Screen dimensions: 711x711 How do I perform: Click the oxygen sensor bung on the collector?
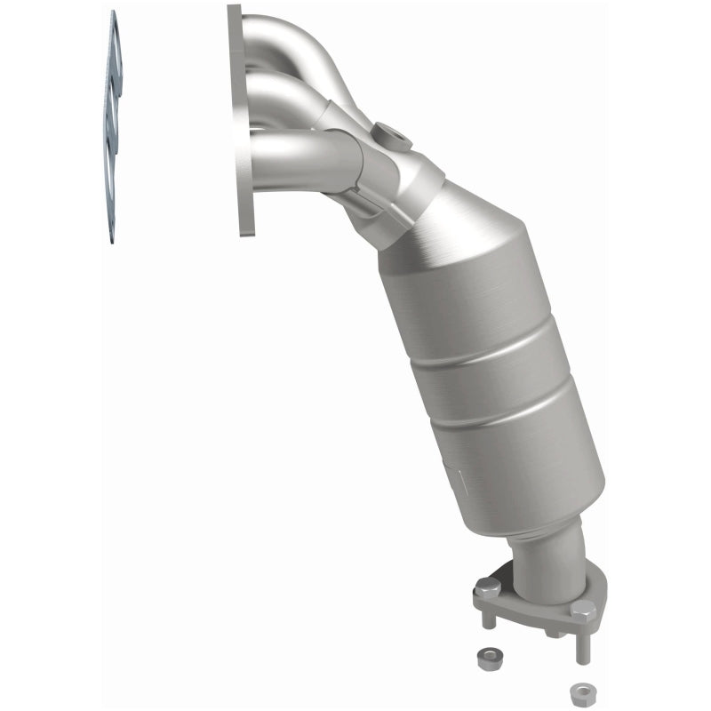pyautogui.click(x=392, y=137)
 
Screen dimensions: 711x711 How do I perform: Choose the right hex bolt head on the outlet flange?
pyautogui.click(x=582, y=610)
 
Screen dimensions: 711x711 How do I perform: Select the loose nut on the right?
pyautogui.click(x=579, y=691)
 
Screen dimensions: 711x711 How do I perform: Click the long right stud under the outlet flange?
pyautogui.click(x=582, y=644)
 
